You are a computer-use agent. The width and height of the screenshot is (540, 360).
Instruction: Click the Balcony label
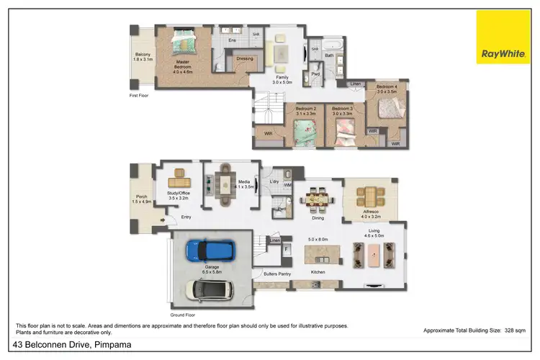[143, 55]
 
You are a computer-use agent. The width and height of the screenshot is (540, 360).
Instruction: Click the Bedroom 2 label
[306, 109]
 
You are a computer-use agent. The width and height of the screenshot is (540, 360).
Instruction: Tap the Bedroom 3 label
[342, 109]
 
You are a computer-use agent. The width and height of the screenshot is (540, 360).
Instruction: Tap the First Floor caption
[139, 94]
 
